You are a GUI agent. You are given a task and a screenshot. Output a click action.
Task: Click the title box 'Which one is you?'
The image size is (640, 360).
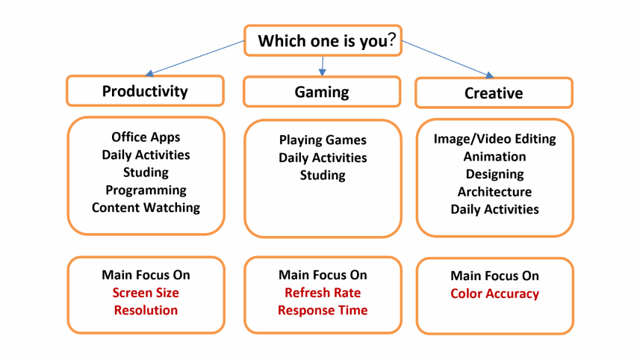point(323,40)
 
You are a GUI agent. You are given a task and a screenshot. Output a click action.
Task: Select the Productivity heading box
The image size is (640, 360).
point(145,91)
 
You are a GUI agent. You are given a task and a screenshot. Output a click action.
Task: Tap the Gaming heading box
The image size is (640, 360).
point(322,92)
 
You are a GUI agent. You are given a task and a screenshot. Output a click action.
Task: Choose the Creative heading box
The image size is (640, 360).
point(494,93)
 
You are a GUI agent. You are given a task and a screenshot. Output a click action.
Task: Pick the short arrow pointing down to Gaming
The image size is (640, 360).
point(323,66)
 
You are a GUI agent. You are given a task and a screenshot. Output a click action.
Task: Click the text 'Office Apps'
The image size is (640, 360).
point(146,137)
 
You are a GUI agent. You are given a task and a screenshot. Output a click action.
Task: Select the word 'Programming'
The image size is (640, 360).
point(146,190)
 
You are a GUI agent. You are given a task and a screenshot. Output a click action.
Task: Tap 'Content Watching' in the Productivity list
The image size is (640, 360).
point(146,208)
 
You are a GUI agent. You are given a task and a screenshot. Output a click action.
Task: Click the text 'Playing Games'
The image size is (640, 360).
point(323,140)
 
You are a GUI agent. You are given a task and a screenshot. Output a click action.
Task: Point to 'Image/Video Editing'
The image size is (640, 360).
point(494,139)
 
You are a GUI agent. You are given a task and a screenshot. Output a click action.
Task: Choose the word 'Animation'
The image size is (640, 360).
point(494,156)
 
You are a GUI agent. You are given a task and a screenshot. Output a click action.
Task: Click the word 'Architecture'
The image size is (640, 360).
point(494,192)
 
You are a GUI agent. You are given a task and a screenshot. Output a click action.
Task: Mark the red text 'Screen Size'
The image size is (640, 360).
point(146,293)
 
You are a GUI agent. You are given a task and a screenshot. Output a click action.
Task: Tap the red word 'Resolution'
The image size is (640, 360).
point(146,310)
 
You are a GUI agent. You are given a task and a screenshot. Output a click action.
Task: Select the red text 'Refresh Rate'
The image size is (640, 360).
point(323,293)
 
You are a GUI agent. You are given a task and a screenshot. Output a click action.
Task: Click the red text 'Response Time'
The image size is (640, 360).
point(323,310)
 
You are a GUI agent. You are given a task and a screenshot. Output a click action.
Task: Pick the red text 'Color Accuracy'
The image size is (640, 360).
point(494,294)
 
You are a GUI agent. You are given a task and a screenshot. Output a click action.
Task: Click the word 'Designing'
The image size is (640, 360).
point(494,174)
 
